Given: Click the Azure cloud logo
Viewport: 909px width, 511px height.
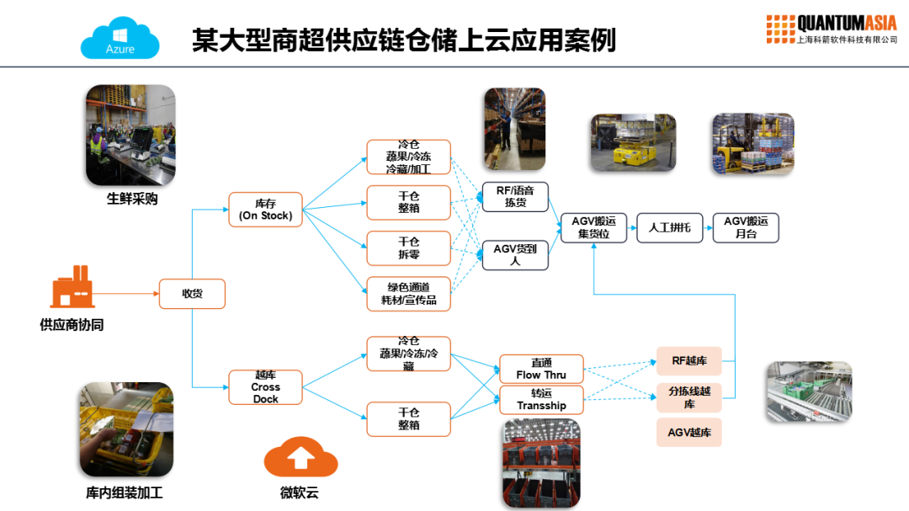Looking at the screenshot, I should click(120, 38).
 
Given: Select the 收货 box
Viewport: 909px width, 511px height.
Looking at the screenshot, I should click(192, 294).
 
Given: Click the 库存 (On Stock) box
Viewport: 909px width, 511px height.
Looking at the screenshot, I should click(265, 209).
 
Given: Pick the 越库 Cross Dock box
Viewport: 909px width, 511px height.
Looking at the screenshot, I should click(265, 387).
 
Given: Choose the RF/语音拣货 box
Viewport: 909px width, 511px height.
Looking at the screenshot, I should click(514, 196).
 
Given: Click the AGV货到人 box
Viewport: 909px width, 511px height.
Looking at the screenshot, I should click(514, 254).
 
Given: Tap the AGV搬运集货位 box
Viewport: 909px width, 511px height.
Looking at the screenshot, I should click(593, 227).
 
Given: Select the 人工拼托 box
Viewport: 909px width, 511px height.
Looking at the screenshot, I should click(669, 227).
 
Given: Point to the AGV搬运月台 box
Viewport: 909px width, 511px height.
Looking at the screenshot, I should click(746, 227).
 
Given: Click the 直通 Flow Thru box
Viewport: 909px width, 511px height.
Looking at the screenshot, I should click(541, 369).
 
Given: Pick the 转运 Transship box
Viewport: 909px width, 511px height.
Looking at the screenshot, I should click(541, 399).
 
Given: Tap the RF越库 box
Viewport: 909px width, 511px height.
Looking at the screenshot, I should click(688, 361).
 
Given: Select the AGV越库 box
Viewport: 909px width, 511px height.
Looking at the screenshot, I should click(688, 432).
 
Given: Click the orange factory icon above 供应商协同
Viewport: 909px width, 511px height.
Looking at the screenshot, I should click(72, 287).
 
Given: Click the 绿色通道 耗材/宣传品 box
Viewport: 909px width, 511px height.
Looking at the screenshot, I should click(408, 293).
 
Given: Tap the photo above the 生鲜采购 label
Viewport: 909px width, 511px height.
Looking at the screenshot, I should click(130, 135).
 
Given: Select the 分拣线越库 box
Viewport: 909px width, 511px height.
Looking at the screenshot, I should click(688, 397).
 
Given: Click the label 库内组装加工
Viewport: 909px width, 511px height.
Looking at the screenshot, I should click(125, 492).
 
